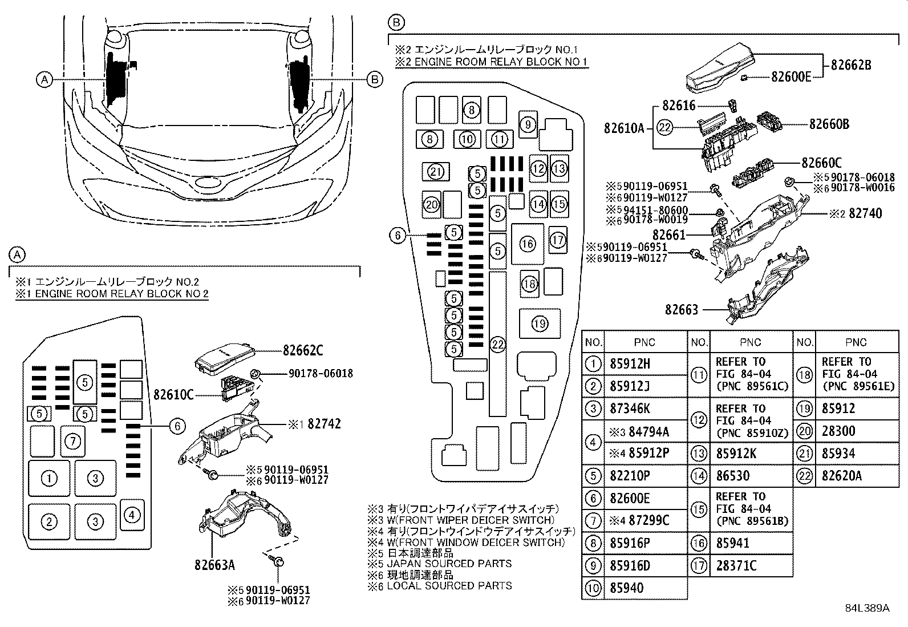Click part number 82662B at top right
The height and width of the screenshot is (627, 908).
850,64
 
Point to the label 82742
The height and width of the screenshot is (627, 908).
323,424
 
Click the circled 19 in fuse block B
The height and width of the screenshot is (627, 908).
539,324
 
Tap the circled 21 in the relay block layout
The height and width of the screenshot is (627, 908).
436,172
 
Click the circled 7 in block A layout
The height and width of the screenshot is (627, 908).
72,440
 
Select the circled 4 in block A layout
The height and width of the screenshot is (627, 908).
131,515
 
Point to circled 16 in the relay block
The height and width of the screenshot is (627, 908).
528,244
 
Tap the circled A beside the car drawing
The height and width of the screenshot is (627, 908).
44,80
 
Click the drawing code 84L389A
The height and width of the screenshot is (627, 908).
867,608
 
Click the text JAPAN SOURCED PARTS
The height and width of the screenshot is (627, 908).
449,564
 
